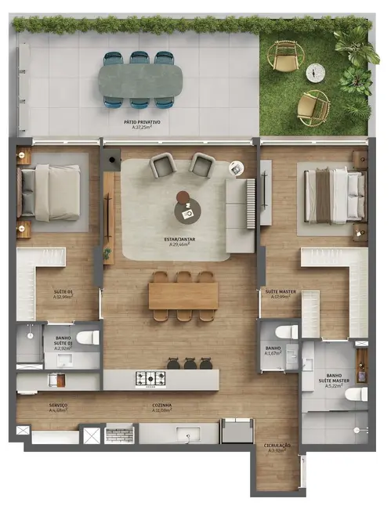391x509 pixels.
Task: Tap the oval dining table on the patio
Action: [140, 79]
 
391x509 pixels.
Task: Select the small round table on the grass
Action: [315, 72]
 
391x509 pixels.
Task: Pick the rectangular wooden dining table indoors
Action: [183, 294]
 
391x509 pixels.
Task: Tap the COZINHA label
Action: [162, 407]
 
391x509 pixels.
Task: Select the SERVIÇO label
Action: [58, 407]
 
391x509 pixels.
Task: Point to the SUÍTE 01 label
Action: [63, 294]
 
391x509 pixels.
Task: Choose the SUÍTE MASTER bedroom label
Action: [280, 294]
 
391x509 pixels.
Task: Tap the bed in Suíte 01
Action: [51, 190]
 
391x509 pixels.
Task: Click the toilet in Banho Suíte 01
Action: [88, 338]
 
